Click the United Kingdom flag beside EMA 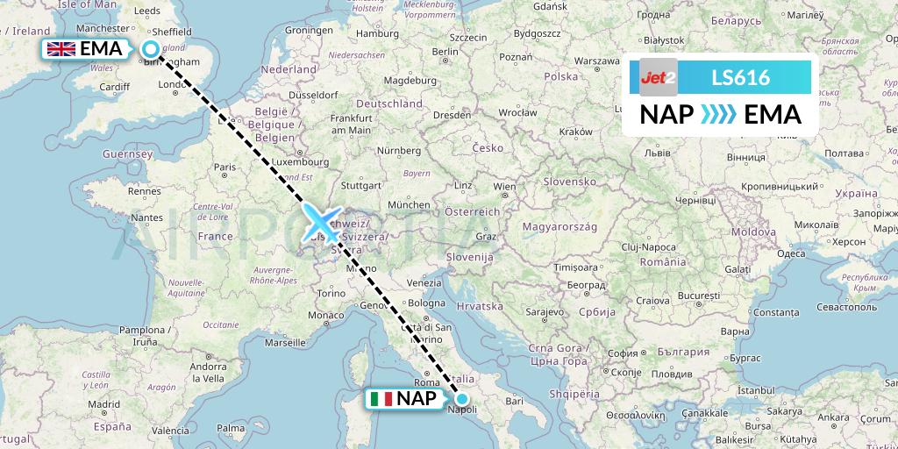click(x=61, y=49)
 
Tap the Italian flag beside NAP click(x=381, y=399)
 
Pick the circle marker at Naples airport click(x=462, y=398)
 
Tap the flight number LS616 click(x=741, y=78)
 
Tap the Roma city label click(x=425, y=382)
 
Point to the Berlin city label click(x=445, y=52)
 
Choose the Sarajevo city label click(x=544, y=311)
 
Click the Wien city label click(x=504, y=187)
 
